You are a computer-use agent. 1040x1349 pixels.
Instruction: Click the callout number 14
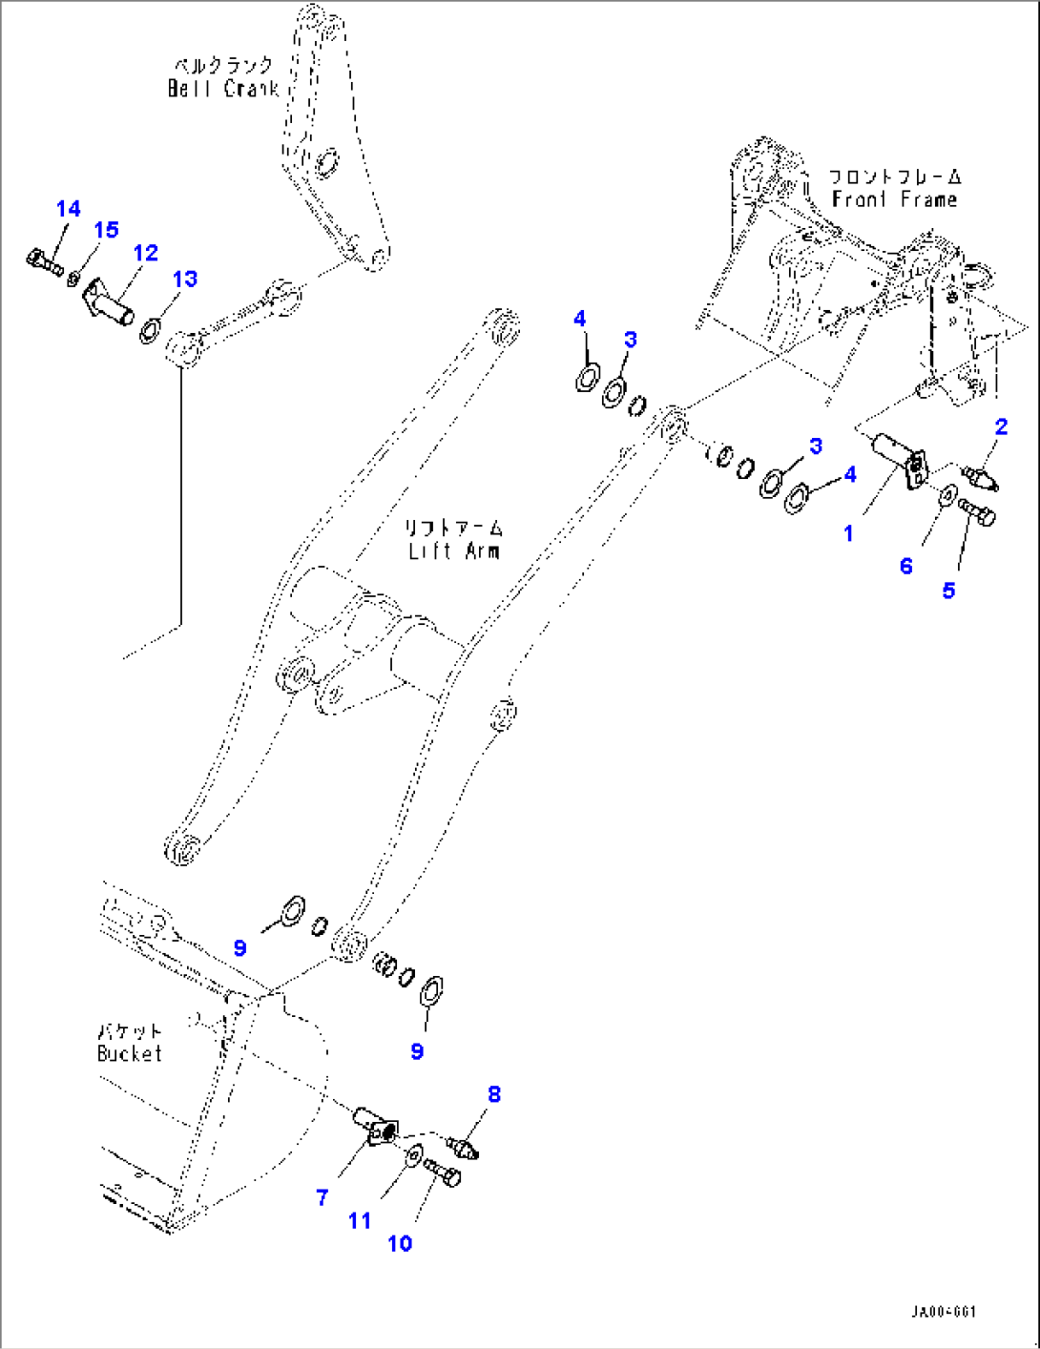[68, 209]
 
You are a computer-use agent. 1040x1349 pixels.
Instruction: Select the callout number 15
[106, 230]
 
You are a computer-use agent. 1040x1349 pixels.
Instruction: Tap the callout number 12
[145, 253]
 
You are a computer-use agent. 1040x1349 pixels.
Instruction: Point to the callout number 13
[184, 279]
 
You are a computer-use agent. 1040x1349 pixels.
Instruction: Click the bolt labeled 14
[42, 258]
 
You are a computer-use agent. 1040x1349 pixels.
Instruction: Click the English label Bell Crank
[223, 89]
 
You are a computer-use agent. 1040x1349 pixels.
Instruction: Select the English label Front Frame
[894, 199]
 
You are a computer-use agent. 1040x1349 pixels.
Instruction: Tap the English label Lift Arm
[453, 551]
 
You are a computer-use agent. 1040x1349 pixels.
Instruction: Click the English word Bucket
[130, 1053]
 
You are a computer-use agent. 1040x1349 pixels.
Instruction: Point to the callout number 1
[848, 533]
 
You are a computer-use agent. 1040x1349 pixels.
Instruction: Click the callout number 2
[1001, 426]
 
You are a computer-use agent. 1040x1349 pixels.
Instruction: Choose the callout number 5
[948, 591]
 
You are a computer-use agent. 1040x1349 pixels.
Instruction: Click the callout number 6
[905, 566]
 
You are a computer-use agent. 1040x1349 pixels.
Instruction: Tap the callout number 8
[494, 1094]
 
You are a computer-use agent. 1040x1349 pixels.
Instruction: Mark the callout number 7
[322, 1197]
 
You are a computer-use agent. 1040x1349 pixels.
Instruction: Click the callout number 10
[400, 1243]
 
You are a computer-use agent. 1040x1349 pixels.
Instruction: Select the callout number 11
[360, 1220]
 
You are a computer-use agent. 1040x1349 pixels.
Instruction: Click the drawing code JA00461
[943, 1312]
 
